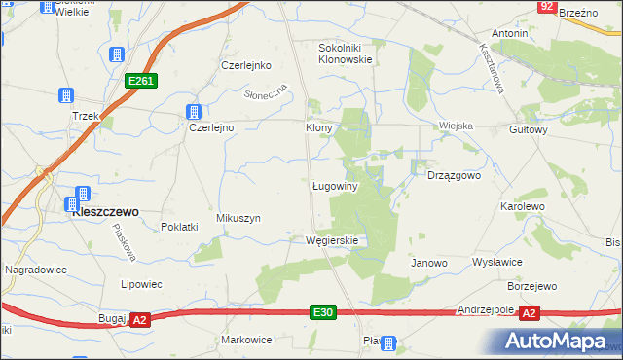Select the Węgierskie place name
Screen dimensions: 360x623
click(x=332, y=240)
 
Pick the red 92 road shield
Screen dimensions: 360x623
click(x=547, y=7)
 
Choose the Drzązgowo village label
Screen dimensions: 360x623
click(x=455, y=176)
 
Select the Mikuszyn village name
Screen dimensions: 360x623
click(x=238, y=219)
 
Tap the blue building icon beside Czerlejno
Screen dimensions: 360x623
click(x=195, y=112)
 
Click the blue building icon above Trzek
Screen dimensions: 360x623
click(x=67, y=96)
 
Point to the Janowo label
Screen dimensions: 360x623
click(x=428, y=263)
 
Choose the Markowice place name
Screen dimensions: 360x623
click(x=245, y=341)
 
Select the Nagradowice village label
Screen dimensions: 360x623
click(x=34, y=269)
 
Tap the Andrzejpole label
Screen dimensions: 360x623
click(x=485, y=310)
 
